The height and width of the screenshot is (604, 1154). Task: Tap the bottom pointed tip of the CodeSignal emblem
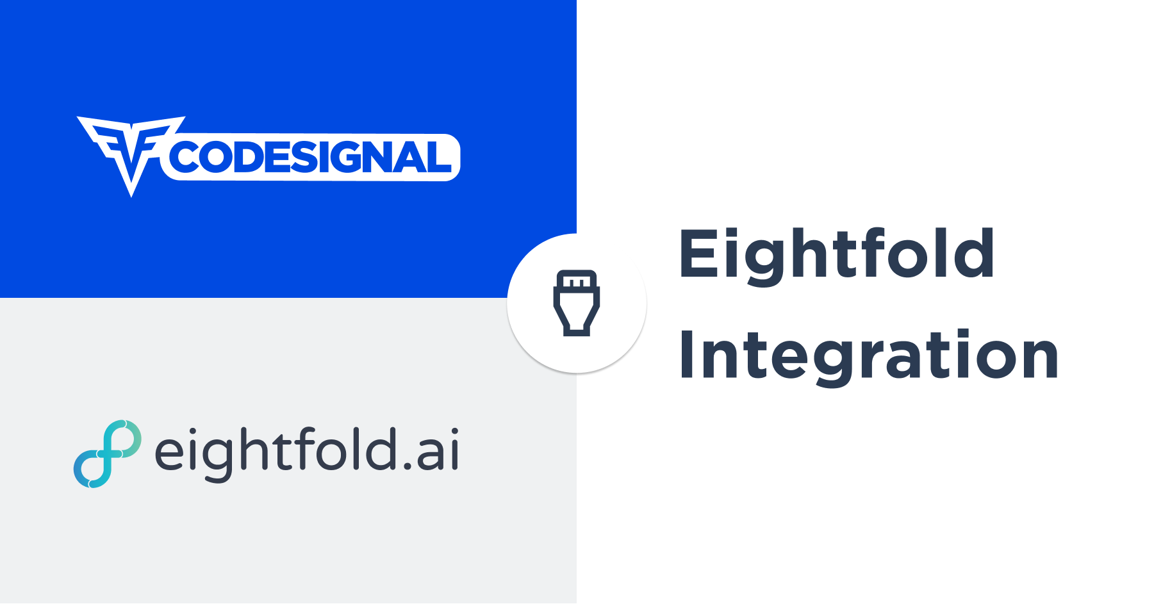(x=131, y=195)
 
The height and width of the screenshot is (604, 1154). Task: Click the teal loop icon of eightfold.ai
(x=108, y=454)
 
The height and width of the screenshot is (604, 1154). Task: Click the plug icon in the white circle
(x=577, y=303)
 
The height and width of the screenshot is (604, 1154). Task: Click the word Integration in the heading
(x=868, y=355)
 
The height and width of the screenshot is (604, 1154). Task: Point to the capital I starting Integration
(x=686, y=355)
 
